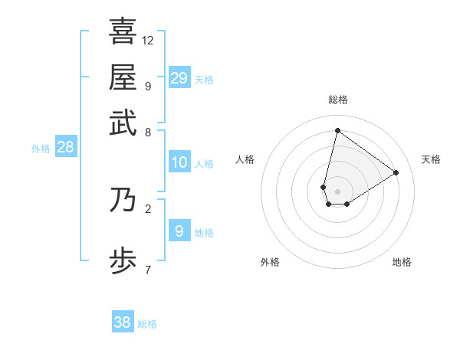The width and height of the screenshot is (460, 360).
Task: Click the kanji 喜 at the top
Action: pos(123,31)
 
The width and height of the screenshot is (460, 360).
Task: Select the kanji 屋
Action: pos(123,77)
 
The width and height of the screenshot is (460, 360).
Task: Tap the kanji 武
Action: pos(123,122)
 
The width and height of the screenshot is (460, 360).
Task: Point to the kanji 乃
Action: pos(123,199)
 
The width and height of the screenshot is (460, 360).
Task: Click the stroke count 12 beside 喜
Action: pos(148,40)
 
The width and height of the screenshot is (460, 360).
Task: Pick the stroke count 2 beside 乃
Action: pos(148,208)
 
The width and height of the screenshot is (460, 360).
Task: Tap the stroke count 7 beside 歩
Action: pos(148,270)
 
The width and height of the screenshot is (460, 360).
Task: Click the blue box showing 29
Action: pos(179,77)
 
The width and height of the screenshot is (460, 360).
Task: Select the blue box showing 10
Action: pos(179,162)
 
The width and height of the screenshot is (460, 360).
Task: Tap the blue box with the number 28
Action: pos(65,148)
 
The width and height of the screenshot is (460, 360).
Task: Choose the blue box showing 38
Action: pos(122,322)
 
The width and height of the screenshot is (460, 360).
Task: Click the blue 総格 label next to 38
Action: pos(147,324)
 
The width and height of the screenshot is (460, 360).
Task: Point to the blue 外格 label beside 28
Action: pos(41,149)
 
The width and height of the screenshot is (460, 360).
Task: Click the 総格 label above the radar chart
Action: pos(337,100)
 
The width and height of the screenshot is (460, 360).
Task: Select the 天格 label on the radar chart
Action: pos(431,159)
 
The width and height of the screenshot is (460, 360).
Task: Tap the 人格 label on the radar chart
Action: pos(245,159)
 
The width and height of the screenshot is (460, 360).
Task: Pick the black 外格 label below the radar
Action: pos(270,263)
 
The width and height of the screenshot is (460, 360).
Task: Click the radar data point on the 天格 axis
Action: pos(396,172)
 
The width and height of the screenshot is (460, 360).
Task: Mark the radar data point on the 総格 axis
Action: pos(337,130)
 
